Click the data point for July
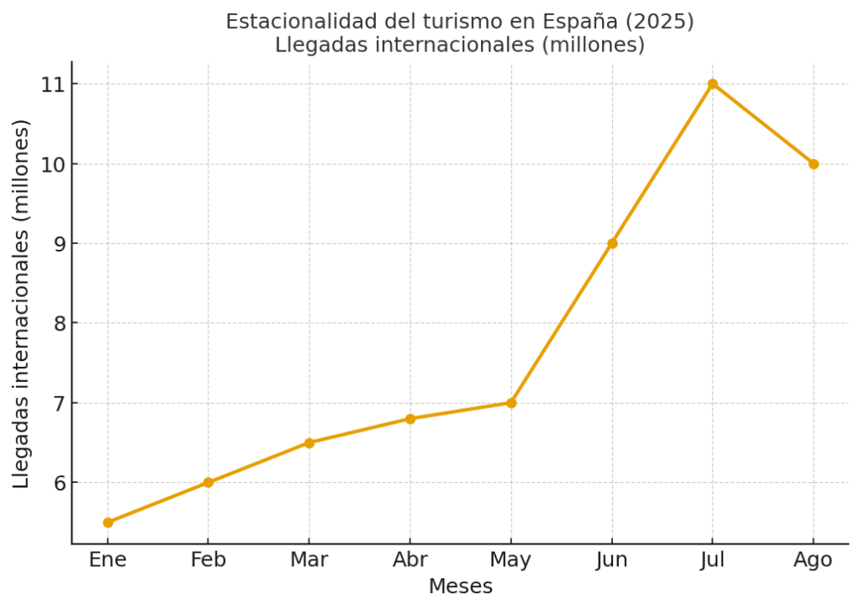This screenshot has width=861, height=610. coord(712,84)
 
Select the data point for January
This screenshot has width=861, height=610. coord(108,522)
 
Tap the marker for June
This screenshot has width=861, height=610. coord(612,243)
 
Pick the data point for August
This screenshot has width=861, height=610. coord(813,164)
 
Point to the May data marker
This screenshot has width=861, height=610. coord(511,403)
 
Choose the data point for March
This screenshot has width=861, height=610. coord(309,443)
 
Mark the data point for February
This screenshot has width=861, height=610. coord(209,482)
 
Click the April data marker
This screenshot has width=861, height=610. coord(410,419)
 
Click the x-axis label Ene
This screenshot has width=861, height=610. coord(108,560)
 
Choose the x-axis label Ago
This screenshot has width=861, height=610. coord(813,560)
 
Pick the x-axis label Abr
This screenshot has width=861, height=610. coord(410,560)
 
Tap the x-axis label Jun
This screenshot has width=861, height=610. coord(612,560)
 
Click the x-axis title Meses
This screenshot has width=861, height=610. coord(460,586)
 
